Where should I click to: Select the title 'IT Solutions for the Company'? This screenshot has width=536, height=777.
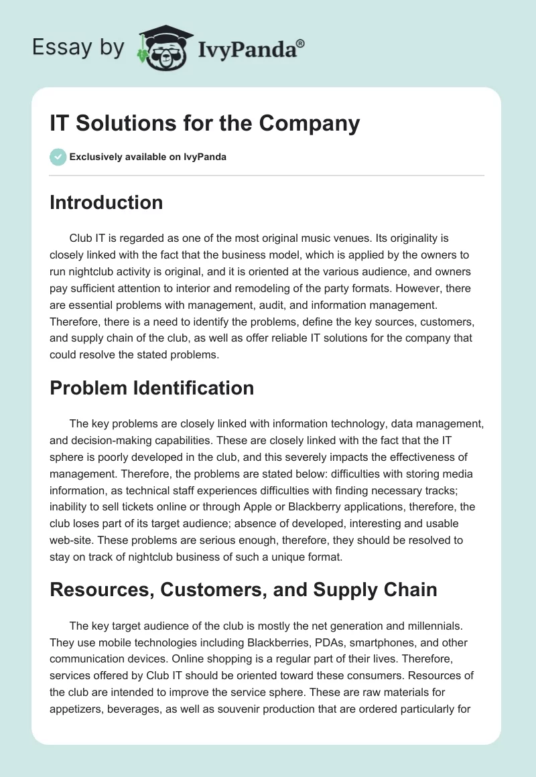coord(205,124)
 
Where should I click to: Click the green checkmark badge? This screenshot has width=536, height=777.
coord(58,157)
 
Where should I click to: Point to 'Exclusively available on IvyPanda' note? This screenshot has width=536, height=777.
coord(147,157)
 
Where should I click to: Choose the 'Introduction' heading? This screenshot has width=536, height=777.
coord(106,202)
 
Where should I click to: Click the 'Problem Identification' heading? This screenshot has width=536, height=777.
coord(151,387)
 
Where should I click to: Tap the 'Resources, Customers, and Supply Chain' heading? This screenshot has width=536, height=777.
coord(243,589)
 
